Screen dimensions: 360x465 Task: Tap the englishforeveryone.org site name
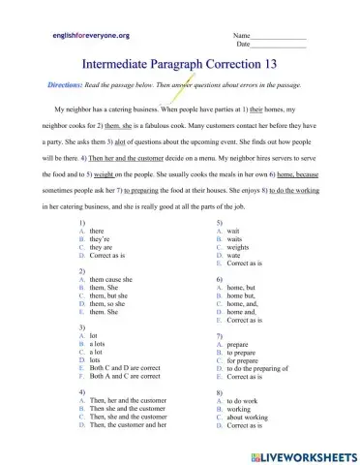[x=90, y=35]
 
